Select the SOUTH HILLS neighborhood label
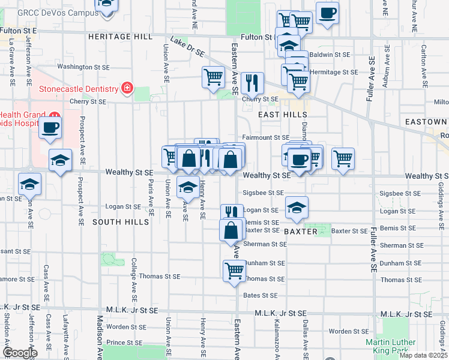121,222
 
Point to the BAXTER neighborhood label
300,231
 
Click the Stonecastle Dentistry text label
79,89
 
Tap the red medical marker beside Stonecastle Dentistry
127,89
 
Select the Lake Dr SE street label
187,47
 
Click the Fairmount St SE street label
266,137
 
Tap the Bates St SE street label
261,295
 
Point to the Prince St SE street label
124,342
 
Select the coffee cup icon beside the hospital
50,127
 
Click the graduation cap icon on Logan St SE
297,207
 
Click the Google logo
20,353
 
